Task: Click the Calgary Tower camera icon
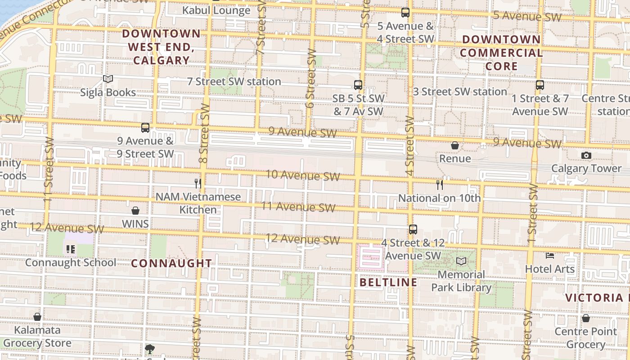tap(586, 155)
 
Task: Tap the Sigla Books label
tap(108, 92)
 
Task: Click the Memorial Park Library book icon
tap(461, 261)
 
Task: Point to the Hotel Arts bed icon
tap(549, 256)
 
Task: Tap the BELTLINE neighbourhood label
tap(389, 282)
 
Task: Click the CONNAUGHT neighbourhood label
tap(171, 263)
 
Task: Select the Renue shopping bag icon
tap(455, 145)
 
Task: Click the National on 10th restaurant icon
tap(440, 184)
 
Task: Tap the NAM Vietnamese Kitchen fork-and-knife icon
tap(198, 183)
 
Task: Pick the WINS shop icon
tap(135, 211)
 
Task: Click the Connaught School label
tap(71, 262)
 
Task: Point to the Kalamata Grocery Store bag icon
tap(37, 317)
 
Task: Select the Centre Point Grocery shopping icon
tap(585, 318)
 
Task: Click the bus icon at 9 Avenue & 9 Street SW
tap(145, 127)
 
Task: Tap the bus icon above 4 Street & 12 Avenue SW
tap(413, 229)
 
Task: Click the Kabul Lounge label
tap(216, 10)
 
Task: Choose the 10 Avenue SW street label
tap(303, 175)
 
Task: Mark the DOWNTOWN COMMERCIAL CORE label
tap(501, 53)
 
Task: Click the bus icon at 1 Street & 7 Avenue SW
tap(540, 85)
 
